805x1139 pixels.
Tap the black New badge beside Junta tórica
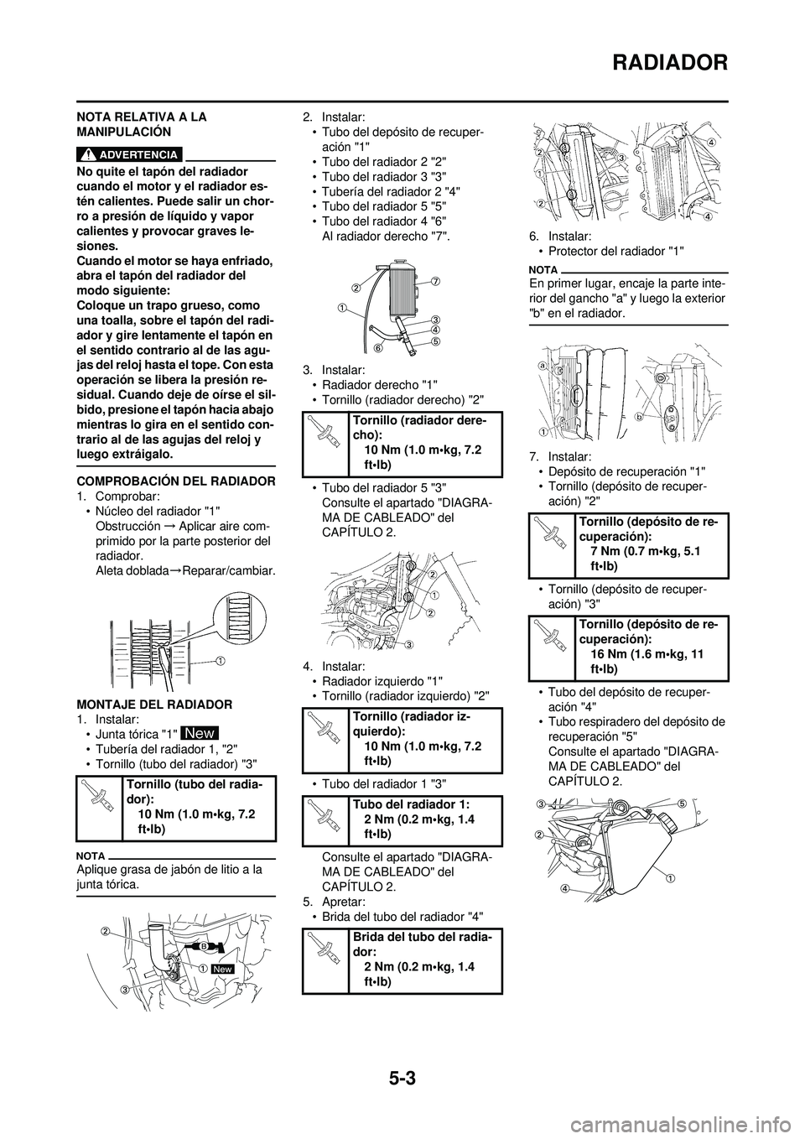(x=200, y=733)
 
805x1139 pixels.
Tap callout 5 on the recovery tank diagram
(x=683, y=803)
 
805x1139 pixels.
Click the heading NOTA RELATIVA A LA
(x=141, y=117)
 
